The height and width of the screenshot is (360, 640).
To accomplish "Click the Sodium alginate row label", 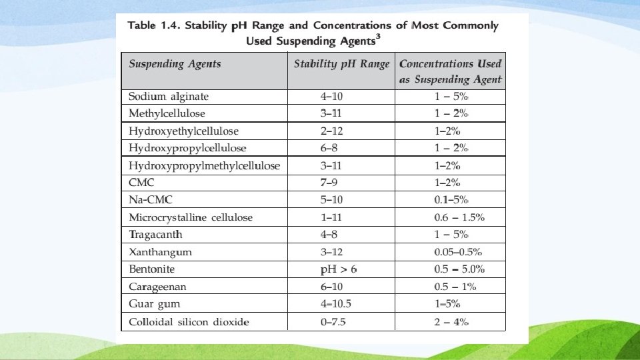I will (168, 97).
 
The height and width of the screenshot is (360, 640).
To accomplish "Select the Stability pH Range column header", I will (341, 65).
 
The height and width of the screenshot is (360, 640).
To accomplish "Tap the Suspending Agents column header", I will (174, 65).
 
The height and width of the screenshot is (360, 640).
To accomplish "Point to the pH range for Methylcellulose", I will (331, 113).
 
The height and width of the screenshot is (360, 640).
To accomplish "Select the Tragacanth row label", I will (155, 235).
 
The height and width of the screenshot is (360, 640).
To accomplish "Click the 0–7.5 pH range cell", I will (333, 322).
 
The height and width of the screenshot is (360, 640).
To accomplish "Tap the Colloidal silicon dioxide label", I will (189, 322).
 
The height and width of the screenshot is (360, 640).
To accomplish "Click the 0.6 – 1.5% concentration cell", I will (459, 217).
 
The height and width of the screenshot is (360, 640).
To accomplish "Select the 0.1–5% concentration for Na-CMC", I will (451, 200).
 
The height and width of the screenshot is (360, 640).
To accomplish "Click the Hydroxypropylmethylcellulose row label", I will (204, 165).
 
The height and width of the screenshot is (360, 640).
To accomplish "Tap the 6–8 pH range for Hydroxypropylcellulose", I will (329, 148).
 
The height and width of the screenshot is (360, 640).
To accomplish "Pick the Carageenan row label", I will (157, 287).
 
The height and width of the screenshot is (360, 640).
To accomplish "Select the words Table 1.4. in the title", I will (153, 26).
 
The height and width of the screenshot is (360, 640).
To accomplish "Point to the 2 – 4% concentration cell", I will (451, 322).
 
